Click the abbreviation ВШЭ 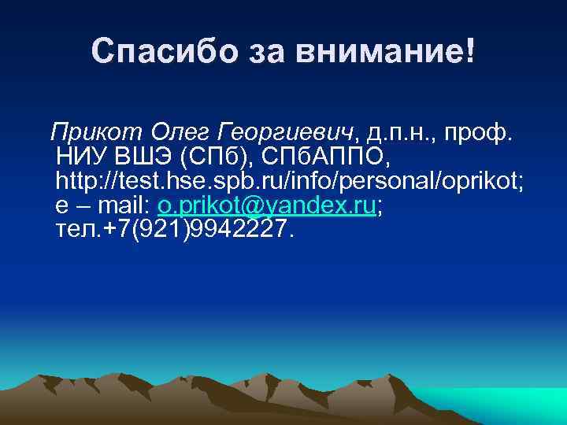click(146, 156)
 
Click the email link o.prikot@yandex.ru click(267, 207)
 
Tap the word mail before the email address click(126, 207)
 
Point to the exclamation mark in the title click(470, 53)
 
